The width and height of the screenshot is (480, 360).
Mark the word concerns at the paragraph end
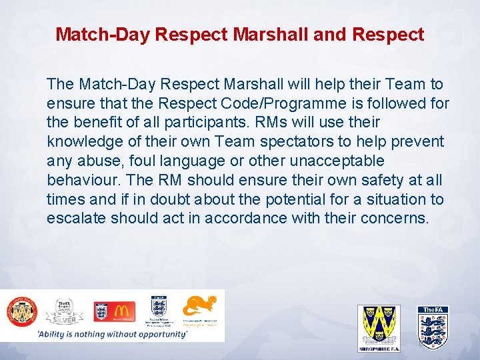coord(393,219)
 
